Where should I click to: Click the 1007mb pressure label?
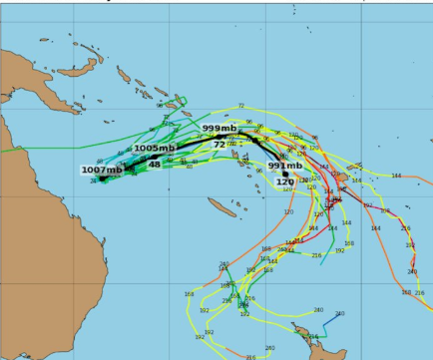pyautogui.click(x=102, y=170)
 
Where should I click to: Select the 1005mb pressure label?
pyautogui.click(x=155, y=149)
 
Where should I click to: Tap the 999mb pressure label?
pyautogui.click(x=219, y=129)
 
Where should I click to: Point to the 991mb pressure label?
pyautogui.click(x=285, y=166)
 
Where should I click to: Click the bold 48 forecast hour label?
pyautogui.click(x=155, y=164)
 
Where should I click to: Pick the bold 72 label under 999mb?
pyautogui.click(x=219, y=145)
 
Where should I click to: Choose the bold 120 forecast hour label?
pyautogui.click(x=285, y=181)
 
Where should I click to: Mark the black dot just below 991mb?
pyautogui.click(x=285, y=175)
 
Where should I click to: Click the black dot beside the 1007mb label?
pyautogui.click(x=102, y=180)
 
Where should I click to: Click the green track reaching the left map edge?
pyautogui.click(x=5, y=150)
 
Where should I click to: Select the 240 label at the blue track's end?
pyautogui.click(x=339, y=314)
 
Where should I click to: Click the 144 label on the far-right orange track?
pyautogui.click(x=396, y=177)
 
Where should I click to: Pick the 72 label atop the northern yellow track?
pyautogui.click(x=240, y=106)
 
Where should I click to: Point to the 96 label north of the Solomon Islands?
pyautogui.click(x=160, y=105)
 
